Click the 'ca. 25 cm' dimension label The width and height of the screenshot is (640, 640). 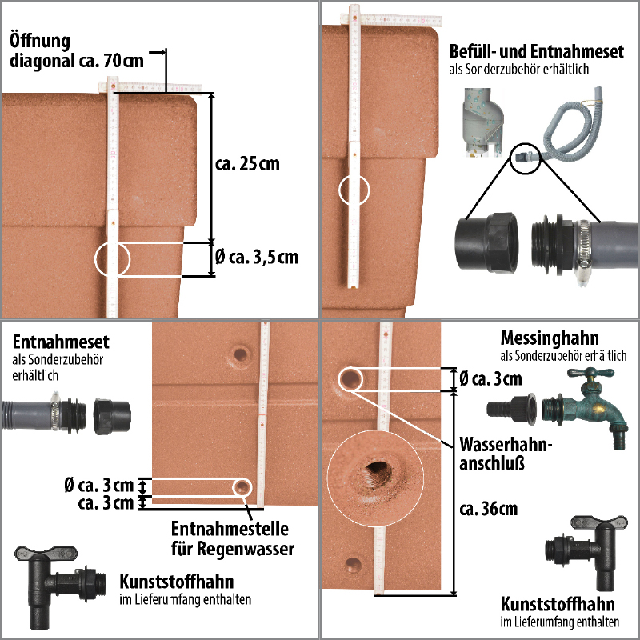(247, 164)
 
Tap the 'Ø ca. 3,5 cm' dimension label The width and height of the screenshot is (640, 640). (256, 257)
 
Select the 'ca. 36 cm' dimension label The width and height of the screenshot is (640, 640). (488, 509)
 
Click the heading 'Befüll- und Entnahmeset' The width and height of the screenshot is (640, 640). (536, 52)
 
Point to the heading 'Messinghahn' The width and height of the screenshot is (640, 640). (550, 338)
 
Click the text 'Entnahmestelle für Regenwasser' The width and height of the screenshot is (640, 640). (232, 538)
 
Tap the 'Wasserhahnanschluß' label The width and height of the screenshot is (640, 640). (506, 454)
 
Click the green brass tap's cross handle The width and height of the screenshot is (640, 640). (590, 373)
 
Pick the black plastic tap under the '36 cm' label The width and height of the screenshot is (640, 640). (586, 552)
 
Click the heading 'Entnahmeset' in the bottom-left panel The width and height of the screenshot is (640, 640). (61, 342)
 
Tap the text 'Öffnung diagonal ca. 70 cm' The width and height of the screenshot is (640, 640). (77, 50)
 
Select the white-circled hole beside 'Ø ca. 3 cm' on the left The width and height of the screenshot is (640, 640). (242, 487)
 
